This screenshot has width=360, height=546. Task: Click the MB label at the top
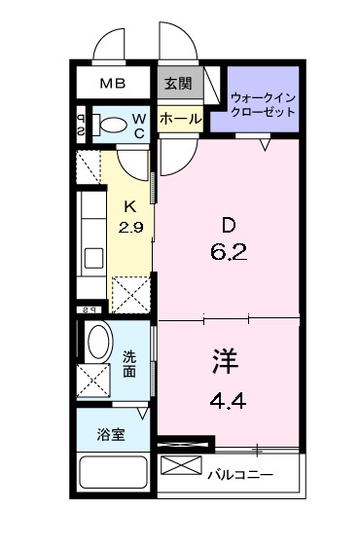tap(114, 84)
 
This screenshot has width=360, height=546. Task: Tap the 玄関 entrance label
tap(176, 84)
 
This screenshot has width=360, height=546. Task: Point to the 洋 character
tap(223, 361)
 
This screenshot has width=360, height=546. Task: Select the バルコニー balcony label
tap(240, 475)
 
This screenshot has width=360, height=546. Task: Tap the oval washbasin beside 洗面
tap(98, 343)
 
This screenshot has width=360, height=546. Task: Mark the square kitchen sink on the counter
tap(93, 259)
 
